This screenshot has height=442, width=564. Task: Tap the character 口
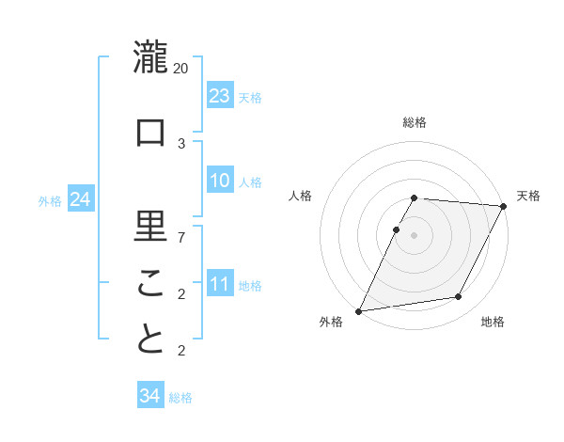click(150, 133)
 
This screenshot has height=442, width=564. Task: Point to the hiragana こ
click(150, 282)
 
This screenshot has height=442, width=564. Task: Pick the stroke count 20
click(181, 69)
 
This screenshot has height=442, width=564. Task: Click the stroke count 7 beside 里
click(181, 236)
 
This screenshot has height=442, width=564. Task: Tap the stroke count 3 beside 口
click(181, 143)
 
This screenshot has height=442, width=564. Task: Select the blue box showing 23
click(220, 96)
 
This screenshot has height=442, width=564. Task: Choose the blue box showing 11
click(220, 284)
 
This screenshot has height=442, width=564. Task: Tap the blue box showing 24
click(80, 199)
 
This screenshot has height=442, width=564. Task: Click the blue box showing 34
click(149, 396)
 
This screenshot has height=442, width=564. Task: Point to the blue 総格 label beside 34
click(180, 398)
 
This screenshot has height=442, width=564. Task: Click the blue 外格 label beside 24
click(50, 201)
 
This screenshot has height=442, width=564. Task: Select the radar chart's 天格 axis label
click(528, 196)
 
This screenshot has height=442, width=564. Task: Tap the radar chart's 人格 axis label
click(301, 196)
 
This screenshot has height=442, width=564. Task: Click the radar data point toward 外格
click(358, 310)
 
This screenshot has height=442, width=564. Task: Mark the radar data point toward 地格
click(459, 297)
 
